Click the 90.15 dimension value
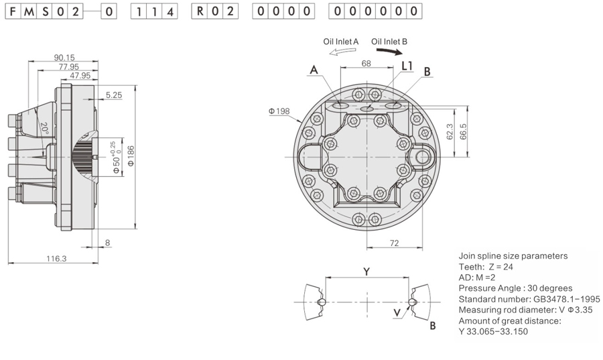(64, 58)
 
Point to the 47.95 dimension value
(80, 75)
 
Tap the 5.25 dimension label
(113, 95)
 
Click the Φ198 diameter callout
(278, 111)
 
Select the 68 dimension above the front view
(366, 64)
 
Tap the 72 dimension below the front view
(395, 243)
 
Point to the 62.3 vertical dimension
(450, 131)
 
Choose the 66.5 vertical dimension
(463, 129)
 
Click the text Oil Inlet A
(341, 42)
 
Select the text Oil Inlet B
(389, 42)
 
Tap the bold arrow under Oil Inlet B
(389, 51)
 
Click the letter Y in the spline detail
(366, 271)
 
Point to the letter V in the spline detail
(397, 313)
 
